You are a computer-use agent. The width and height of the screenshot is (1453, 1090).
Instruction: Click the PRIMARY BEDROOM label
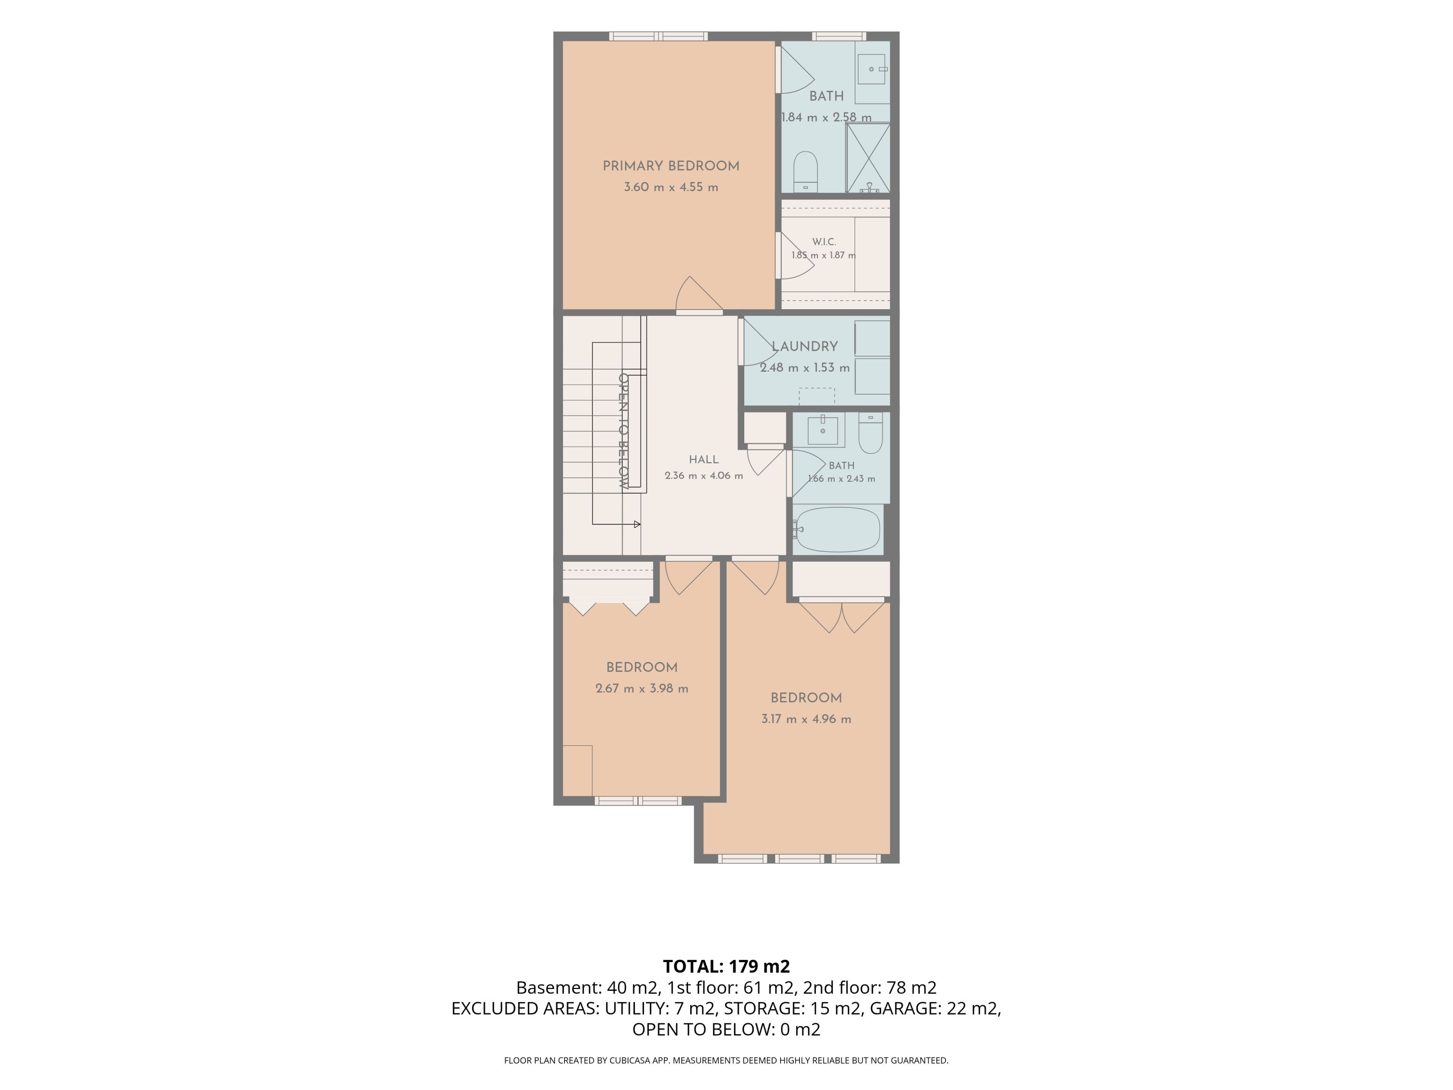(670, 166)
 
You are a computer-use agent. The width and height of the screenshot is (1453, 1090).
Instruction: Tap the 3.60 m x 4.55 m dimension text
(670, 187)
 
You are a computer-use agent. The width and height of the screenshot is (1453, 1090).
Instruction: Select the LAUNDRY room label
(805, 346)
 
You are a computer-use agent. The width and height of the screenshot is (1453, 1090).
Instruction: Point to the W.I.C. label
(824, 242)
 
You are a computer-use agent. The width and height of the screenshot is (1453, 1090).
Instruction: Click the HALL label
(703, 460)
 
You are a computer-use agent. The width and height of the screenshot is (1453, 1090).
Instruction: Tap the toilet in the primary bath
(805, 171)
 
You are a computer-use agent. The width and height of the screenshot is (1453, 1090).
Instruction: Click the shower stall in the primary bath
(868, 158)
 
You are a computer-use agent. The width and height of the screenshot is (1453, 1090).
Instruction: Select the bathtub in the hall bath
(836, 529)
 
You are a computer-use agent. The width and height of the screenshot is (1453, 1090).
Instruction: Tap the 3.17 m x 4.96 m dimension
(806, 719)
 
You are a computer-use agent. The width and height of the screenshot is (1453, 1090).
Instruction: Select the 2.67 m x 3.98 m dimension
(642, 689)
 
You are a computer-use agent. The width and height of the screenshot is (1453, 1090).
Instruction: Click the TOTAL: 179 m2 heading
(726, 967)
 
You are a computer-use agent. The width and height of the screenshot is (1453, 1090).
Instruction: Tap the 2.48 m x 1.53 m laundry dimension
(805, 368)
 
